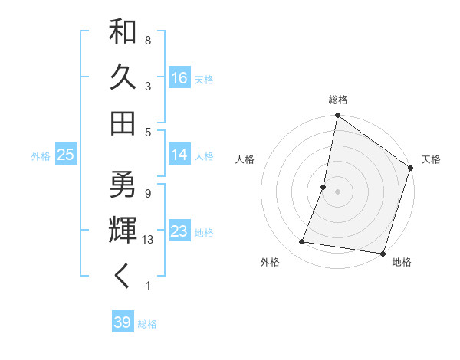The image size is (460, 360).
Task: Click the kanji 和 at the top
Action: point(123,32)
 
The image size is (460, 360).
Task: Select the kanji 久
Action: point(123,77)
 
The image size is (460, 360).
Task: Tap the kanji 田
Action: point(123,123)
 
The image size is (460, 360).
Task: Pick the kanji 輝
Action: point(123,231)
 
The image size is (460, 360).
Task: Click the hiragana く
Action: point(123,277)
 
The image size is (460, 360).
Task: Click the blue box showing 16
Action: point(179,77)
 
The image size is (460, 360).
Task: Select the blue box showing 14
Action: point(179,155)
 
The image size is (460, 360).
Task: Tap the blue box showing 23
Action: point(179,232)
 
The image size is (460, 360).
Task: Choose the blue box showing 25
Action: point(66,155)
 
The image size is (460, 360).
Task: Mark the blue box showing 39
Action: point(122,322)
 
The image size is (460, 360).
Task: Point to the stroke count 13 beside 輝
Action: point(149,240)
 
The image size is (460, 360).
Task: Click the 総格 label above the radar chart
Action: point(338,100)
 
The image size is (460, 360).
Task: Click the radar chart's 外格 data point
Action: point(302,242)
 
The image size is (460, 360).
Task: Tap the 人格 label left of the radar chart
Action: point(245,159)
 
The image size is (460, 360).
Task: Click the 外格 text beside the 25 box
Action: point(41,156)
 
